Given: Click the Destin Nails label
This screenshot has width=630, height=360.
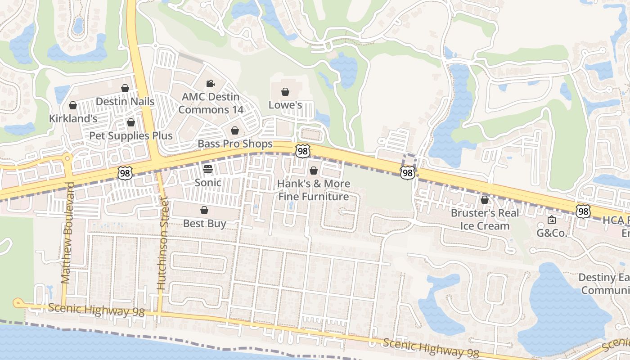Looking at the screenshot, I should pos(125,102).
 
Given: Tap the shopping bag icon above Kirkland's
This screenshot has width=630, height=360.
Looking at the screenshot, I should pos(73,106).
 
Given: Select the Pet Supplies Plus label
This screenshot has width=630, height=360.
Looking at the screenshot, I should pos(130,135).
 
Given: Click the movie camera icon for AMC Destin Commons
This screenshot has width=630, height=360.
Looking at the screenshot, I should pos(210,83).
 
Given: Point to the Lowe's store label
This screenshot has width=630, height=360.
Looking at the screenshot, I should pos(285,105).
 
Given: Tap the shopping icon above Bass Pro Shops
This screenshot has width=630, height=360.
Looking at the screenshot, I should pos(235,131).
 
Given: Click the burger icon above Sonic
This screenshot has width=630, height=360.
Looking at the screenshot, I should pos(208,169).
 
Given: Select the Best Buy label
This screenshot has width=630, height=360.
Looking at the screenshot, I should pos(204,223).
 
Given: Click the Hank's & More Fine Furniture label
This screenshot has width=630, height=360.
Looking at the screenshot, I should pos(313,190).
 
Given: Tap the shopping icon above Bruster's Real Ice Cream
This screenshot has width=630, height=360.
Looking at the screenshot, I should pos(485,200).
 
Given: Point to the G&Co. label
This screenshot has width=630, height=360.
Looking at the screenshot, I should pos(552,233).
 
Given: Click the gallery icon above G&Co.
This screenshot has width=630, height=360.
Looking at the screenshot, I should pos(552,220).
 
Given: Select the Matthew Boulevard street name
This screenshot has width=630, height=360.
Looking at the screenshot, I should pos(67,233).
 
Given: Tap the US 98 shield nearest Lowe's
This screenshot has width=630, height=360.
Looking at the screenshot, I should pos(303,151).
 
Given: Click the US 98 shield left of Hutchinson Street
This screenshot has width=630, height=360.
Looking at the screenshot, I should pos(125,173).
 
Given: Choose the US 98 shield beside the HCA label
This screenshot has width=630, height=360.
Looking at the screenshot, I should pos(583,211).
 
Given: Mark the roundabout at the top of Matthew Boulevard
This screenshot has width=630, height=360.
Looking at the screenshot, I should pos(67,158).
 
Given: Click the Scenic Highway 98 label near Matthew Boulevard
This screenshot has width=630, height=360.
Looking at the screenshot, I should pos(96,310).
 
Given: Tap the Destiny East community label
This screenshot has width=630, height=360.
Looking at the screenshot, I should pos(603,283).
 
